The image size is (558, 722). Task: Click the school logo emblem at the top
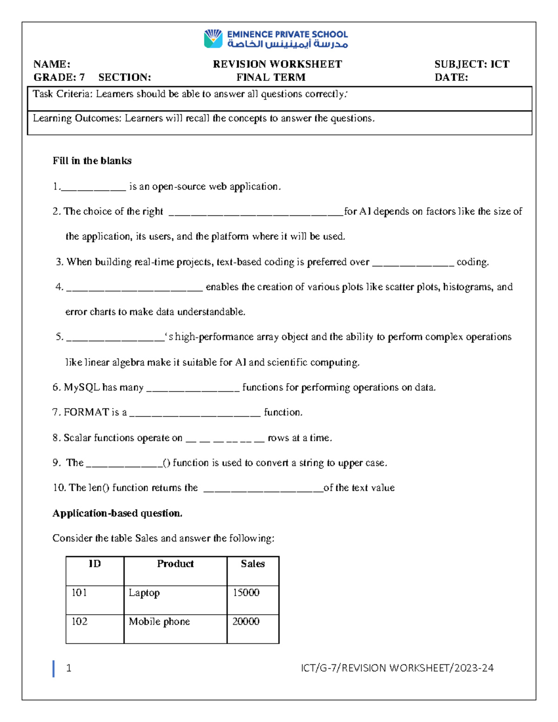[x=213, y=39]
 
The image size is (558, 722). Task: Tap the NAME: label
[x=52, y=64]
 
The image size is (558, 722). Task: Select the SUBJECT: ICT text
[x=472, y=64]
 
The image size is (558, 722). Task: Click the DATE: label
[x=451, y=78]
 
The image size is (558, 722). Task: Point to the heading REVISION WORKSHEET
[x=277, y=64]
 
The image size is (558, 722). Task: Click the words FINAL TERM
[x=271, y=78]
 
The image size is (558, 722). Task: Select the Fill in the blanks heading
[x=92, y=161]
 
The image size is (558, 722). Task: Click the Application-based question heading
[x=117, y=513]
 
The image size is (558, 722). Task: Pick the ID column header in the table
[x=94, y=564]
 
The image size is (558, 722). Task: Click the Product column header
[x=175, y=564]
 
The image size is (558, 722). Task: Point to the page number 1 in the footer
[x=69, y=668]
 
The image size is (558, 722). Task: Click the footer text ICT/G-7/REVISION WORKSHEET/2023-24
[x=397, y=668]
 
